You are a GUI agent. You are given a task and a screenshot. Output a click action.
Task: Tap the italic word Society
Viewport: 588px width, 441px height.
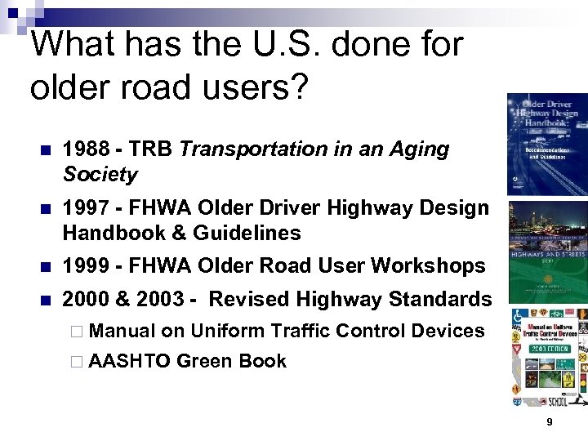(100, 175)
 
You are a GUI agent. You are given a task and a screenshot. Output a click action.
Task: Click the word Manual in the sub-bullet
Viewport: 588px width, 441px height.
(122, 332)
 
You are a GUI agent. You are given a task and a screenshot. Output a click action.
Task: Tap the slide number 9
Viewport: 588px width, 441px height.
(549, 422)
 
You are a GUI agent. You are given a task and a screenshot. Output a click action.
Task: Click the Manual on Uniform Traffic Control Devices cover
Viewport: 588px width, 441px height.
(548, 356)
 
